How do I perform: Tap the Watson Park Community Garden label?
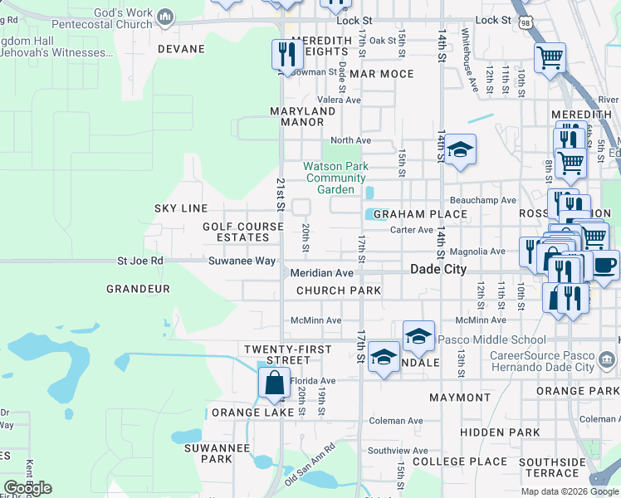click(x=335, y=178)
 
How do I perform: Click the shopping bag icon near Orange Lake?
click(x=274, y=384)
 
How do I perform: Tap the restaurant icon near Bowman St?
click(x=286, y=55)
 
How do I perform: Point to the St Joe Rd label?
click(x=140, y=261)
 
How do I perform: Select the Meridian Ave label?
click(x=322, y=273)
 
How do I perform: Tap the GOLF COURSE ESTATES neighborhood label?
click(x=237, y=232)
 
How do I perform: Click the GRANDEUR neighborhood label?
click(x=138, y=289)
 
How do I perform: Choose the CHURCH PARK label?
click(x=339, y=290)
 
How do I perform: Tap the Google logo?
click(x=27, y=488)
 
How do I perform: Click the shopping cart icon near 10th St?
click(x=550, y=59)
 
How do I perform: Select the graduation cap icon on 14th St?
click(x=459, y=151)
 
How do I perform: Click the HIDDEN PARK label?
click(x=500, y=432)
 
